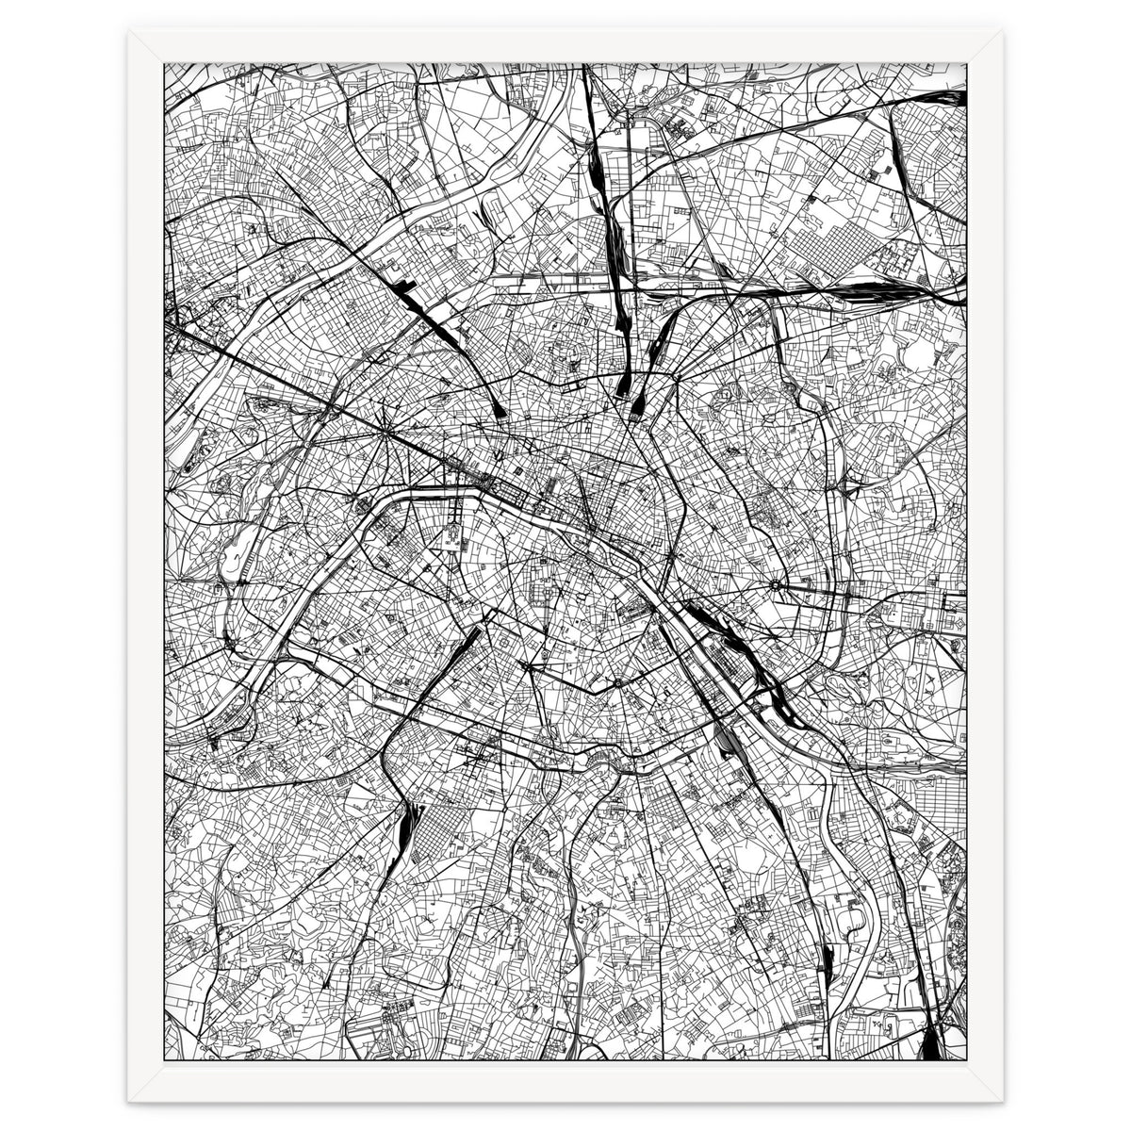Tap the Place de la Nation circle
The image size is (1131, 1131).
pos(775,585)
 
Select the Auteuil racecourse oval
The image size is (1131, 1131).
pos(233,562)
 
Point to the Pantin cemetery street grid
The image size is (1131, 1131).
pos(829,240)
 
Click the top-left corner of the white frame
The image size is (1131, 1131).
pos(130,30)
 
